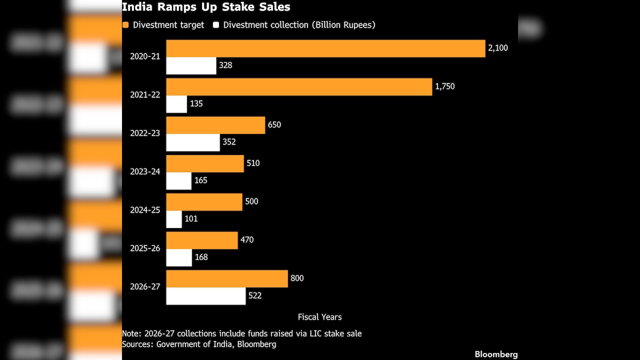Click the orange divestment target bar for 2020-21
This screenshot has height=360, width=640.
point(325,48)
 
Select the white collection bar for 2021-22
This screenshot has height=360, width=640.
point(176,104)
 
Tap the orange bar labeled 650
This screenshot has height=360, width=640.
point(215,125)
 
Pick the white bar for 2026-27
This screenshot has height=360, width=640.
point(206,296)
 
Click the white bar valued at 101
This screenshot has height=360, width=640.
point(174,219)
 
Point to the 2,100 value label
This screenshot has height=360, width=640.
point(498,48)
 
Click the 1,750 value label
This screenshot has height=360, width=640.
point(445,86)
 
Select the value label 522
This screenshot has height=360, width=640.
point(255,295)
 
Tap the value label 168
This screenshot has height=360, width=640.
point(201,257)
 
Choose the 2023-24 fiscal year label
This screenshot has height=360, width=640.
point(145,171)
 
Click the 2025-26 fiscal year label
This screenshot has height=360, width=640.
point(145,248)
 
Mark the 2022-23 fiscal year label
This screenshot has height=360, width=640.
point(145,133)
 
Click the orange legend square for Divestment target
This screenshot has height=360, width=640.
point(125,25)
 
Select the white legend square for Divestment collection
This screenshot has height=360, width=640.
point(216,25)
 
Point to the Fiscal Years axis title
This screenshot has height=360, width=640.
point(319,317)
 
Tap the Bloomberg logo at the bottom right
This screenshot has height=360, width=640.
point(496,354)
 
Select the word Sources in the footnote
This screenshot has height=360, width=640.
point(137,344)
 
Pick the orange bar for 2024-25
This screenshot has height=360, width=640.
point(204,202)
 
